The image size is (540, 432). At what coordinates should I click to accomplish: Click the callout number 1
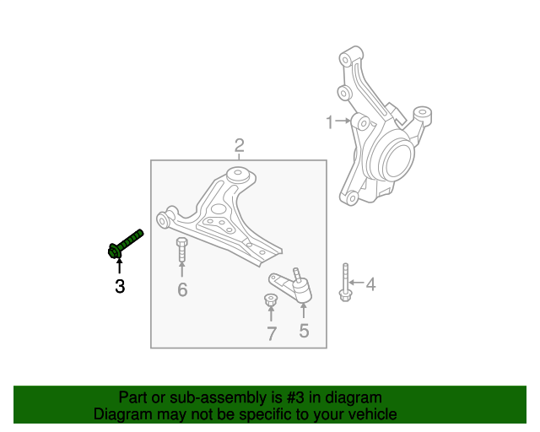[330, 123]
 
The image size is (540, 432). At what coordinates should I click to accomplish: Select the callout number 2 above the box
[240, 146]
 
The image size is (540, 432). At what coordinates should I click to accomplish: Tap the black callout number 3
[120, 287]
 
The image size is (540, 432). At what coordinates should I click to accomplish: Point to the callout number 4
[370, 284]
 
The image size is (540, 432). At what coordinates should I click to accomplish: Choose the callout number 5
[304, 331]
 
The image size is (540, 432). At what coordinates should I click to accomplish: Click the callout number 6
[182, 291]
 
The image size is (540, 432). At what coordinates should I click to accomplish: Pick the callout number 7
[272, 334]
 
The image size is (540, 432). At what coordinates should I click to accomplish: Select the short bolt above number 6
[181, 251]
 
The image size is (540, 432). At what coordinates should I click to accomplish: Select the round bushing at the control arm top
[240, 176]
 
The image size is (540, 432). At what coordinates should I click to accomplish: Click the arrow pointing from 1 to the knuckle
[343, 122]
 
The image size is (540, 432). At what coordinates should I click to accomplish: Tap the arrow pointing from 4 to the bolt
[356, 283]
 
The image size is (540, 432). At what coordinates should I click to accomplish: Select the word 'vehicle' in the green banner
[370, 414]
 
